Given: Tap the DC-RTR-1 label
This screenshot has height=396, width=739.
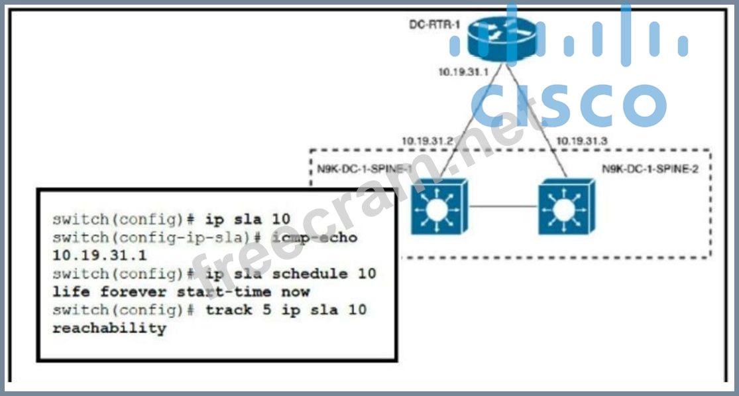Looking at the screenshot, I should (426, 25).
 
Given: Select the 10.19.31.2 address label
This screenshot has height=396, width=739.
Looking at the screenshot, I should (426, 141).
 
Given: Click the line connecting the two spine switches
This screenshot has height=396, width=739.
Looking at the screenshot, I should (503, 207).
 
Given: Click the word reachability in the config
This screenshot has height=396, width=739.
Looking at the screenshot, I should (109, 328).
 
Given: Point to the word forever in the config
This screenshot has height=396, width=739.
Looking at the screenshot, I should (138, 292).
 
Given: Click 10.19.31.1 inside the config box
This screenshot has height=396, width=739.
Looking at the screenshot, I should (99, 255).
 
